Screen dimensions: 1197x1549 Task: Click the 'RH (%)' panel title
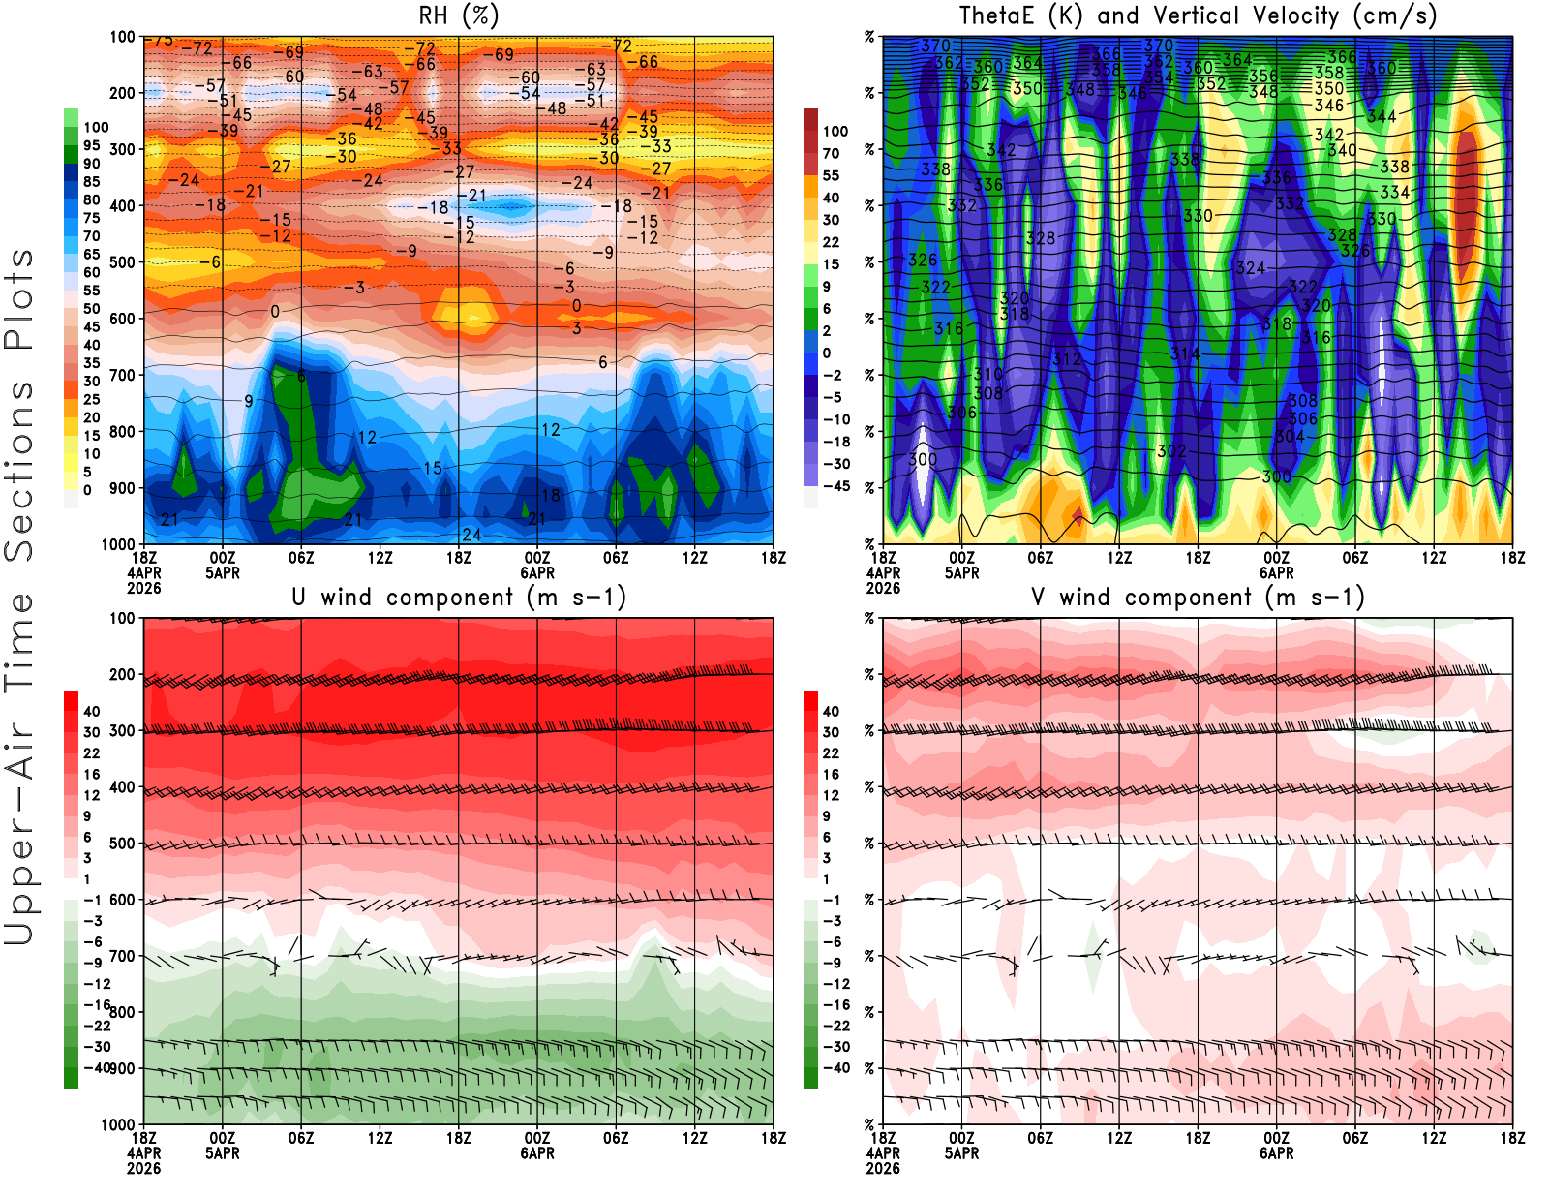[458, 15]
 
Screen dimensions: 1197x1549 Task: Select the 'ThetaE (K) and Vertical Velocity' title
[1198, 15]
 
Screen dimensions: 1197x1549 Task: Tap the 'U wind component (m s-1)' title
[459, 597]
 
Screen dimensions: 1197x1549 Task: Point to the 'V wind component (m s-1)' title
[1198, 597]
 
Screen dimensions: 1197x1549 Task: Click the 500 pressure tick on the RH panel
[122, 262]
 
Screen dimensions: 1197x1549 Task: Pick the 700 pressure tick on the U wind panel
[122, 957]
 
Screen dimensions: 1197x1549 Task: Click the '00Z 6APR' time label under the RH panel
[537, 565]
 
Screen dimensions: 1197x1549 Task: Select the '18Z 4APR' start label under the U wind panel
[143, 1146]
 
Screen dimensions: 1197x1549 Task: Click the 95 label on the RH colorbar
[91, 145]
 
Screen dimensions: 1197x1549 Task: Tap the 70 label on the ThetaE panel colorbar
[831, 153]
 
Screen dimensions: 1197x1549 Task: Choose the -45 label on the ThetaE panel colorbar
[836, 486]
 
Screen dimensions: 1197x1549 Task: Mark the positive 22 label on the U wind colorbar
[91, 753]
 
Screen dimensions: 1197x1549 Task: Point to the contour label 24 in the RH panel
[471, 535]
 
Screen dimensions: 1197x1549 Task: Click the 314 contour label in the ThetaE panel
[1185, 353]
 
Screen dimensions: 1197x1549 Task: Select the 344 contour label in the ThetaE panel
[1382, 116]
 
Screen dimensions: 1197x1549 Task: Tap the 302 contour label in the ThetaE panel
[1171, 451]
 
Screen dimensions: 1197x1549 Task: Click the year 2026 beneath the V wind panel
[883, 1168]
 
